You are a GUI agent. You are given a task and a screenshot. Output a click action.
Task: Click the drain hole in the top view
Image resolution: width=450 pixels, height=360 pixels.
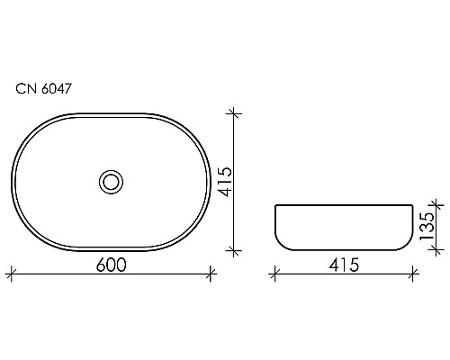tap(111, 181)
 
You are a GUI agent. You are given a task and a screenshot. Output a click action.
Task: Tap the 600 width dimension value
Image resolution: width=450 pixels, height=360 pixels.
tap(110, 264)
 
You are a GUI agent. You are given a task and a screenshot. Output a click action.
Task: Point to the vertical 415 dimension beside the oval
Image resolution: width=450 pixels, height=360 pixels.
tap(224, 181)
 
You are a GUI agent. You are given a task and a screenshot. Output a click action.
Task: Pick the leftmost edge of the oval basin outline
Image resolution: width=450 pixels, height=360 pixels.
tap(13, 181)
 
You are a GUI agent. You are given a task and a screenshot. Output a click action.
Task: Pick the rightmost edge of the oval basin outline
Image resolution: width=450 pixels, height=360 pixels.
tap(210, 181)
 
